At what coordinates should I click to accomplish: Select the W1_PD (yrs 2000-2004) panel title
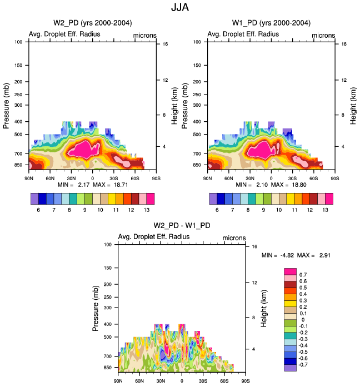[x=271, y=23]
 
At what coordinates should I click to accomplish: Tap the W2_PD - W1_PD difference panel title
[x=182, y=225]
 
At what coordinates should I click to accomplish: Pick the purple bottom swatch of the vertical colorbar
[x=291, y=368]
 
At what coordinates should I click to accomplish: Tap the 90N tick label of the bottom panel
[x=118, y=381]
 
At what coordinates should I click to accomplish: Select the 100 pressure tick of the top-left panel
[x=18, y=42]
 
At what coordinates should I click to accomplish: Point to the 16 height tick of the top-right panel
[x=344, y=43]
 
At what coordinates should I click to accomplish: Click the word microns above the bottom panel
[x=234, y=237]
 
